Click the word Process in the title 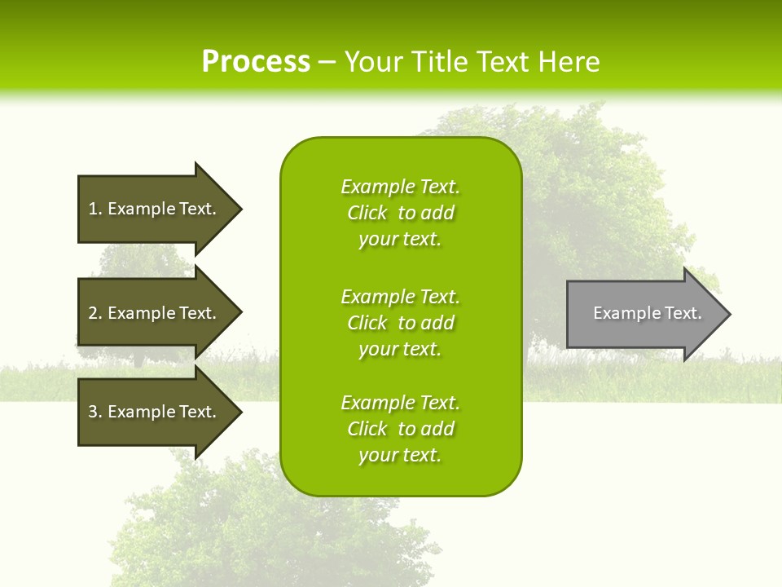click(256, 62)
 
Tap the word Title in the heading click(442, 62)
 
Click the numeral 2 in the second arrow click(93, 313)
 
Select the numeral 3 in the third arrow click(93, 412)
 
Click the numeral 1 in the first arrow click(93, 209)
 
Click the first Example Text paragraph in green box click(400, 213)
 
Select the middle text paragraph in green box click(400, 322)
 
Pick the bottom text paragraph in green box click(400, 429)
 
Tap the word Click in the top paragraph click(367, 213)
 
